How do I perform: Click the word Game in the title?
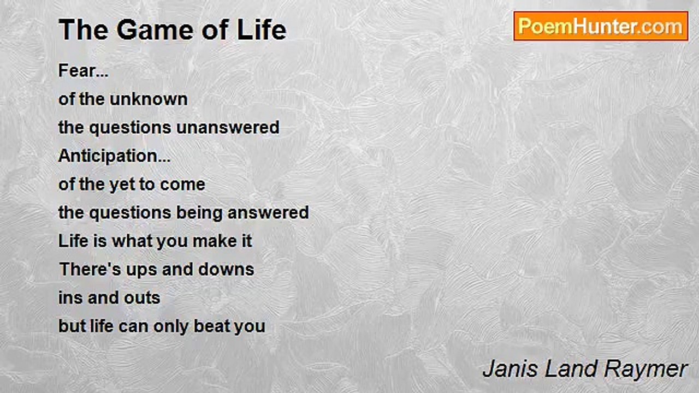pyautogui.click(x=156, y=30)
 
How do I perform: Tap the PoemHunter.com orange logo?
pyautogui.click(x=601, y=26)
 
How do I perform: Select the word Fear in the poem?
pyautogui.click(x=77, y=70)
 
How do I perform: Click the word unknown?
pyautogui.click(x=149, y=99)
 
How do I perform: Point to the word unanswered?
pyautogui.click(x=228, y=128)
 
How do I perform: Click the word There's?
pyautogui.click(x=90, y=270)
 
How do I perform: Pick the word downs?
pyautogui.click(x=226, y=270)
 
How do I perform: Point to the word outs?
pyautogui.click(x=142, y=298)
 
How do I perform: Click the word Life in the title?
pyautogui.click(x=262, y=30)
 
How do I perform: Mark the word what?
pyautogui.click(x=132, y=241)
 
